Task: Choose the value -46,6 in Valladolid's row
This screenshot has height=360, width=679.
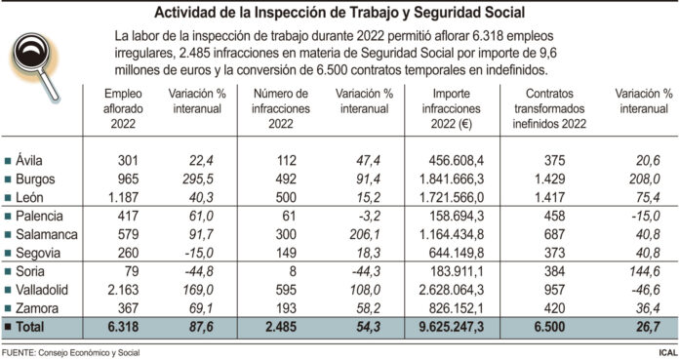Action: [644, 290]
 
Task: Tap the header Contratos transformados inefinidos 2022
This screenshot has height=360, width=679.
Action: [548, 104]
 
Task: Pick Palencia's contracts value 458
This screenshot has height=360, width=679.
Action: [552, 217]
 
